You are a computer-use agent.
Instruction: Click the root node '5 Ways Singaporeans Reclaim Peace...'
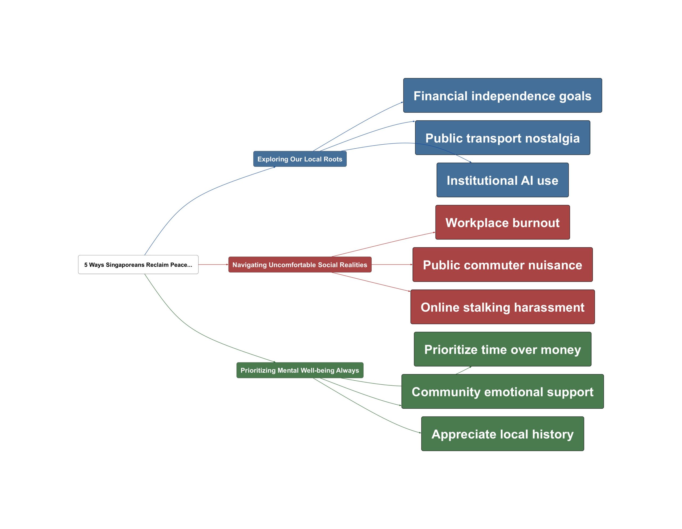[x=138, y=264]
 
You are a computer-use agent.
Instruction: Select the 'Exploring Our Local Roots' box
[x=300, y=159]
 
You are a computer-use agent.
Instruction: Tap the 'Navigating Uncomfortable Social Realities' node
[x=300, y=264]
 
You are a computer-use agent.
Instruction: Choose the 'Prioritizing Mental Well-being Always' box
[x=300, y=370]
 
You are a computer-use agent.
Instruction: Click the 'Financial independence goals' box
[x=502, y=95]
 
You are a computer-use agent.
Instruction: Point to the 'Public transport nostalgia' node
[x=502, y=138]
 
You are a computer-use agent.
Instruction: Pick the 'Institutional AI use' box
[x=502, y=180]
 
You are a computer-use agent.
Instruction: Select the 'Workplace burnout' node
[x=502, y=222]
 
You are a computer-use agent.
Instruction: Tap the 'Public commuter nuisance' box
[x=502, y=264]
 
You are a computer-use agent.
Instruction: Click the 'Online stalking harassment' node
[x=502, y=307]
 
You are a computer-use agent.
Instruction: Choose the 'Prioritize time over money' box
[x=502, y=349]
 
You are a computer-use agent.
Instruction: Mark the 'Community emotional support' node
[x=502, y=391]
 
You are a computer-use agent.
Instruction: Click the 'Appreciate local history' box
[x=502, y=433]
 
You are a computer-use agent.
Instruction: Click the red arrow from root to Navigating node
[x=213, y=264]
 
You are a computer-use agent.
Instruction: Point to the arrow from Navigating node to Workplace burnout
[x=383, y=244]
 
